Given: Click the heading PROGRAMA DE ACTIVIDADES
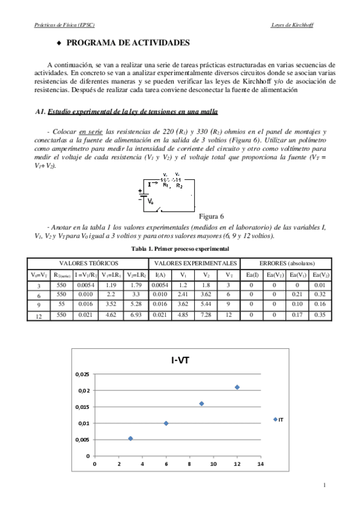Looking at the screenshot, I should [127, 44].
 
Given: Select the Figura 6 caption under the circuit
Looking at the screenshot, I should [211, 215].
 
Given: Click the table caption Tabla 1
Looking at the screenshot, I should [180, 248].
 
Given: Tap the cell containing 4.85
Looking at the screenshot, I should [182, 314].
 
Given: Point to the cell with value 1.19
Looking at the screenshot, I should [109, 286].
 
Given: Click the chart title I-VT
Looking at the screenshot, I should [177, 361].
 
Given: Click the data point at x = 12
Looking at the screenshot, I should [237, 387].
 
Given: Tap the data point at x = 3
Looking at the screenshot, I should [130, 438].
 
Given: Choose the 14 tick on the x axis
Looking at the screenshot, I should [260, 464].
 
